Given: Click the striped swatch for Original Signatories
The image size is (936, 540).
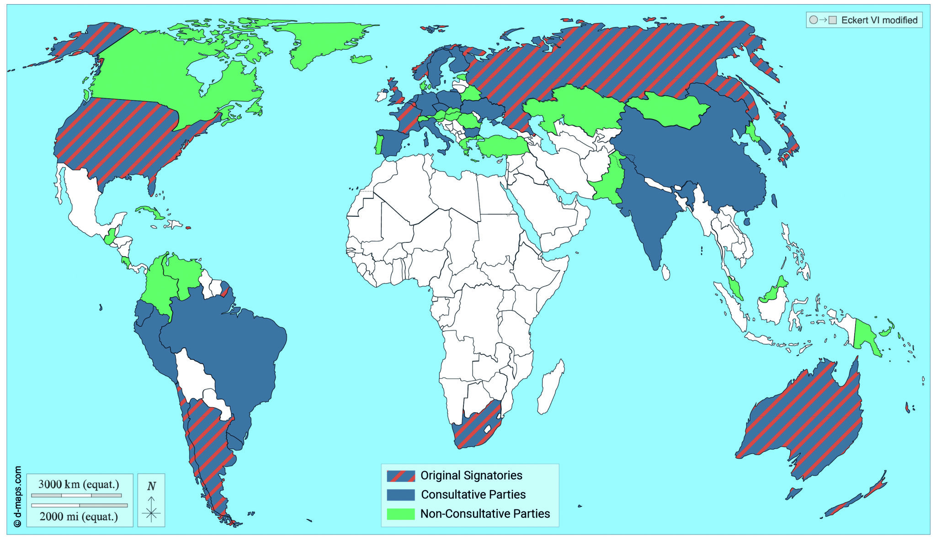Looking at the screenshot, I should click(x=401, y=476).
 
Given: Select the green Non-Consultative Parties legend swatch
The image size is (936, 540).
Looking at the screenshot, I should click(x=401, y=514).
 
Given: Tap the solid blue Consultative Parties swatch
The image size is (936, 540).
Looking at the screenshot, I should click(x=401, y=495).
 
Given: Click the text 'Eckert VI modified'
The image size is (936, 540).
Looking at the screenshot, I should click(x=879, y=20).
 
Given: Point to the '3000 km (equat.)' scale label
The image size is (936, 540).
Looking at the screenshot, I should click(x=79, y=484).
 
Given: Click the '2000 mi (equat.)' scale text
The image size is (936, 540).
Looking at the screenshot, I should click(x=79, y=517).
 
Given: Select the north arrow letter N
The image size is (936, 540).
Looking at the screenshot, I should click(x=151, y=486).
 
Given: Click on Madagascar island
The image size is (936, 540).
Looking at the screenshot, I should click(x=551, y=388).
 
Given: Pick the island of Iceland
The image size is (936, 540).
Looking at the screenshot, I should click(x=362, y=59).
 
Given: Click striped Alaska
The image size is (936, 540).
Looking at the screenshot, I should click(x=91, y=41).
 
